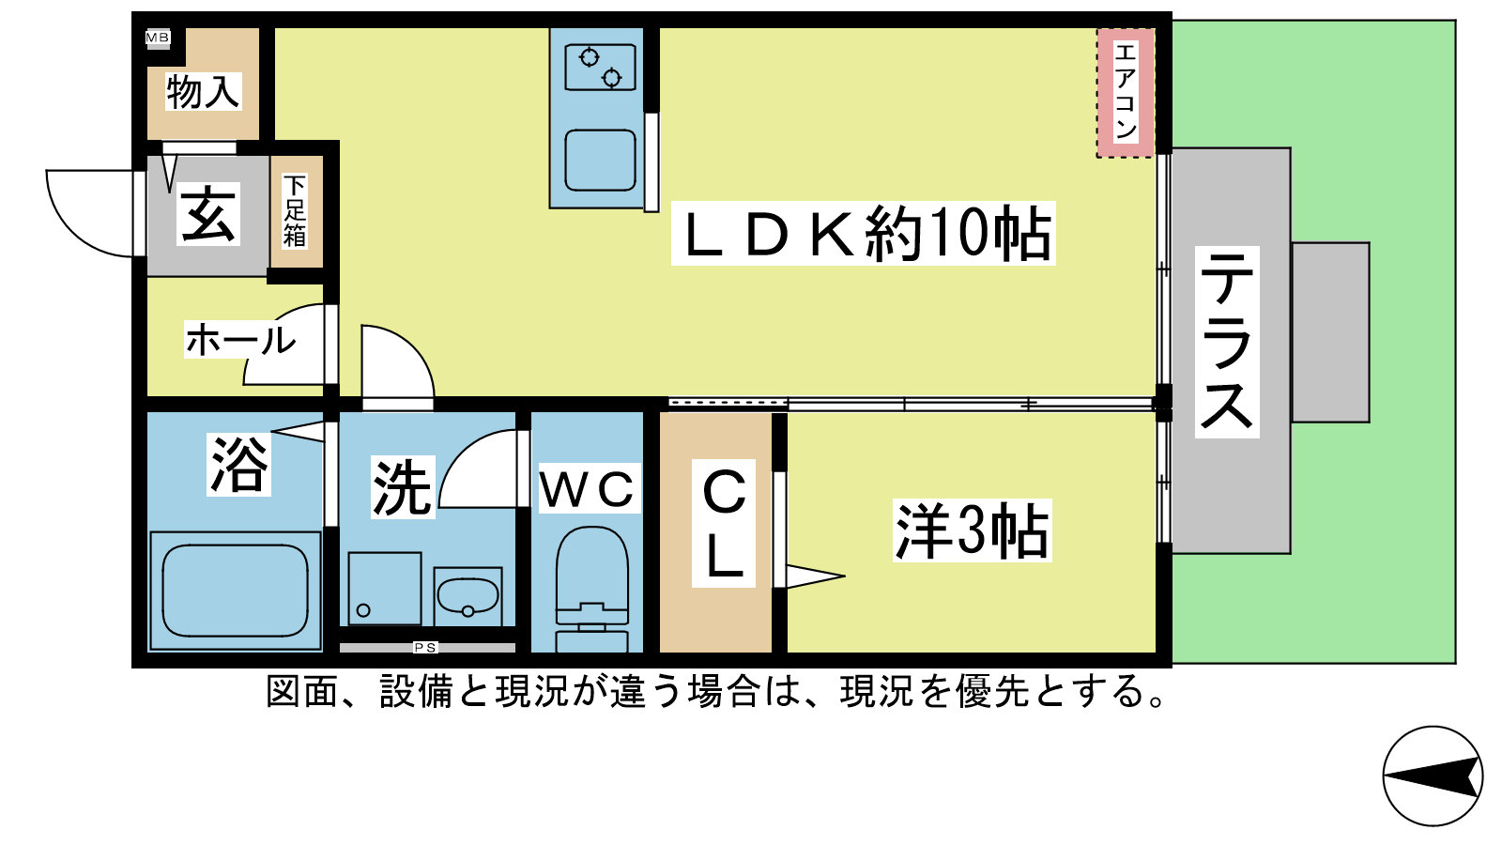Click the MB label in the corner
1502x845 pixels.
coord(158,38)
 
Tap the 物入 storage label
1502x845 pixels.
coord(203,92)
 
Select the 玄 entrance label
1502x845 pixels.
coord(208,214)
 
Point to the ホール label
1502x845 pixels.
coord(240,339)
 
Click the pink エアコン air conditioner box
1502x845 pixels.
coord(1126,93)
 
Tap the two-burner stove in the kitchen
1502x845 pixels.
coord(600,67)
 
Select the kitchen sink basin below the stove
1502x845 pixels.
coord(600,161)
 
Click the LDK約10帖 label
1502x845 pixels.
coord(864,234)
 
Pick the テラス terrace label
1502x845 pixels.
coord(1227,342)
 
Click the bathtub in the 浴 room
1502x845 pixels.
coord(236,591)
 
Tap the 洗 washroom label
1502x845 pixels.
coord(403,487)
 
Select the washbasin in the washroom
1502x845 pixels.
coord(468,596)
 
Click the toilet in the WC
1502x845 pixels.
coord(592,589)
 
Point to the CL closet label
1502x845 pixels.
coord(724,523)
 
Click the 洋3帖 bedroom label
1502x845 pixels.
coord(973,530)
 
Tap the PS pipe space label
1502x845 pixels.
coord(425,647)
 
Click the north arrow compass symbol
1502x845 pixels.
coord(1433,776)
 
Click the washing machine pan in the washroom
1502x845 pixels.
coord(385,589)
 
